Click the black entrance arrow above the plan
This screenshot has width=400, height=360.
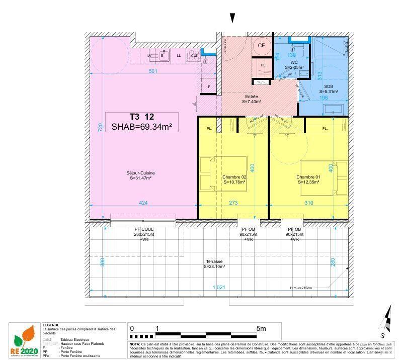(x=232, y=18)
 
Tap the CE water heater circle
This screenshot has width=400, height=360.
(x=261, y=45)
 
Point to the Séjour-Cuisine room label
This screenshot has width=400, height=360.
(x=140, y=175)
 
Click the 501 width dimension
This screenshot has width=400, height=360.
(x=153, y=71)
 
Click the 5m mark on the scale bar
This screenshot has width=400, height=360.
(x=261, y=328)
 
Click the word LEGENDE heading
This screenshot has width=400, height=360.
(x=51, y=325)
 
